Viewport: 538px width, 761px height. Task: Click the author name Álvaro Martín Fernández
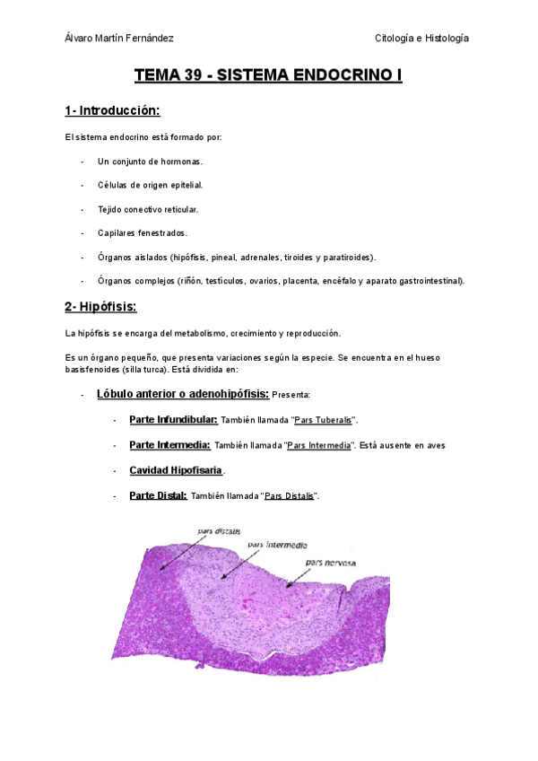pos(119,38)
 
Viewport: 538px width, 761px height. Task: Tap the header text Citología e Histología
pos(421,38)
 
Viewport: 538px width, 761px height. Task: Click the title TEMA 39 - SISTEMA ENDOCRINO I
pos(268,75)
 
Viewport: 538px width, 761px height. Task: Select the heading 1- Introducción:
pos(112,111)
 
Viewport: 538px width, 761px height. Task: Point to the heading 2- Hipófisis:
pos(100,307)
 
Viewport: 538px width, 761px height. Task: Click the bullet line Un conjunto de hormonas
pos(151,162)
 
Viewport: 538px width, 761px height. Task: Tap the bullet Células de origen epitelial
pos(151,185)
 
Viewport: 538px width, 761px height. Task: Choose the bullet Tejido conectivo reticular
pos(148,209)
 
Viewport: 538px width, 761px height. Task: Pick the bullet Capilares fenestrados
pos(143,233)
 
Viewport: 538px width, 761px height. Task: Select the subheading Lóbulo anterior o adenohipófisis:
pos(183,394)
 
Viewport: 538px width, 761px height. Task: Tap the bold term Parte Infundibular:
pos(173,419)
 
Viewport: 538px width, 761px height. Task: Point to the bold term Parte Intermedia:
pos(170,444)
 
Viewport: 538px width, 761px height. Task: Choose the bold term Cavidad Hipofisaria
pos(176,470)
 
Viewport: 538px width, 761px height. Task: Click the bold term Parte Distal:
pos(158,495)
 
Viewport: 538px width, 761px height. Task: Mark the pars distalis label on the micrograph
pos(219,531)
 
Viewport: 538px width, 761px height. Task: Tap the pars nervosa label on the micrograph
pos(330,563)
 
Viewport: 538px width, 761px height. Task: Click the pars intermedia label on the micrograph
pos(277,544)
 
